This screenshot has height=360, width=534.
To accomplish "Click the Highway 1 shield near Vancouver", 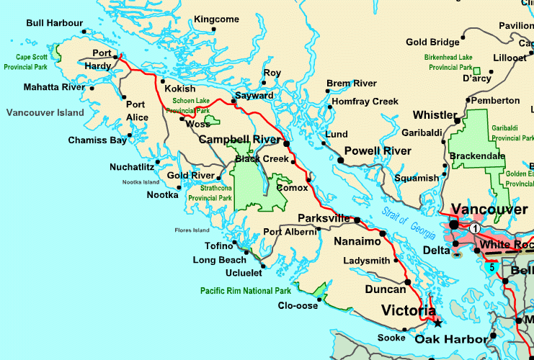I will tap(475, 228).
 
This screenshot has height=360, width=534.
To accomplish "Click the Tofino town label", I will tap(210, 246).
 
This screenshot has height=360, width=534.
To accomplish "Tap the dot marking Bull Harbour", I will tap(84, 31).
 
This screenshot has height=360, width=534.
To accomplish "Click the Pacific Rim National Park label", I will tap(246, 291).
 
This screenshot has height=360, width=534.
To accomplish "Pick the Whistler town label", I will tap(434, 115).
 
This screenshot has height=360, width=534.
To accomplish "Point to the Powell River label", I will tap(378, 150).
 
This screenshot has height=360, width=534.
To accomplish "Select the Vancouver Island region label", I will tap(45, 113).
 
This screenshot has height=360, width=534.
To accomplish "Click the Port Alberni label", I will tap(289, 232).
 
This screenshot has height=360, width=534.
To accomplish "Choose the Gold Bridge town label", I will tap(432, 42).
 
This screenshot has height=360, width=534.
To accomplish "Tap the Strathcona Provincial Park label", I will tap(210, 193).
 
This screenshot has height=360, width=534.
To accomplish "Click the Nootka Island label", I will tap(141, 182).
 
